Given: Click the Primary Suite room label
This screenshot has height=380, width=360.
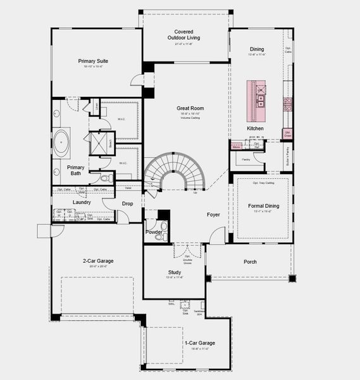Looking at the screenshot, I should tap(93, 61).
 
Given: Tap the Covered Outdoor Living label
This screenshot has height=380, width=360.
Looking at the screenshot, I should tap(184, 34).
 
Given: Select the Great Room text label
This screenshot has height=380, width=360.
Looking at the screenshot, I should tap(190, 108).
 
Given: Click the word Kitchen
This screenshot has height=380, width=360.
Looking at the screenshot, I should tap(255, 129).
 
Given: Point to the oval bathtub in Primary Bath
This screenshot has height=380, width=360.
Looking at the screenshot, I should tap(61, 143).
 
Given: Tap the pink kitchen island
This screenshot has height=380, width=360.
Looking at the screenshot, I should tap(260, 100).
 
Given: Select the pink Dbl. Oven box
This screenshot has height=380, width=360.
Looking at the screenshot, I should tap(287, 134).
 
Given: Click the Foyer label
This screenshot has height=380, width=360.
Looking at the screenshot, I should tap(213, 215).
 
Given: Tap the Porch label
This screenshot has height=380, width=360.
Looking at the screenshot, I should tap(251, 262).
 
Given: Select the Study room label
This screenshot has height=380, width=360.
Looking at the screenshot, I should tap(175, 272).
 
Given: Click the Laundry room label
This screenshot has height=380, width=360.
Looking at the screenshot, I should tap(82, 203).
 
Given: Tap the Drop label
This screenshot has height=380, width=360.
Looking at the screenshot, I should tap(127, 203).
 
